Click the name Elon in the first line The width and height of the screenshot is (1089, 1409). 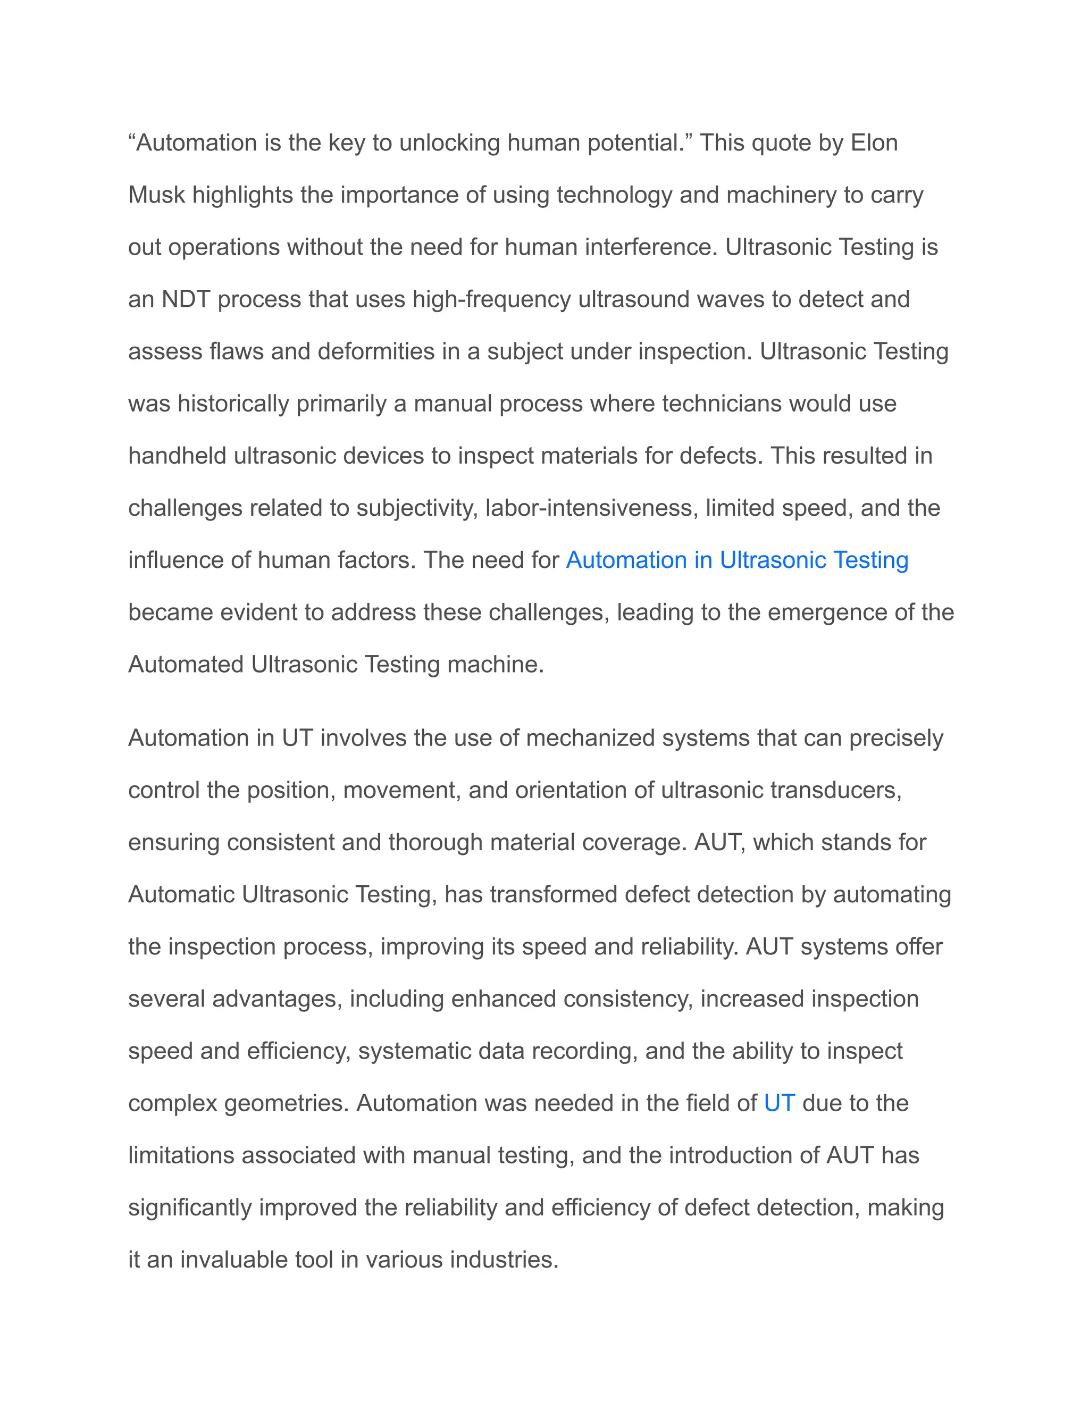[874, 142]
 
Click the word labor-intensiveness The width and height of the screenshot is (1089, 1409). [592, 508]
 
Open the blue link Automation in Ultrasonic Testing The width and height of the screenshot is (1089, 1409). [737, 560]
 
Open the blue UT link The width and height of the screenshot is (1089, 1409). [780, 1104]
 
